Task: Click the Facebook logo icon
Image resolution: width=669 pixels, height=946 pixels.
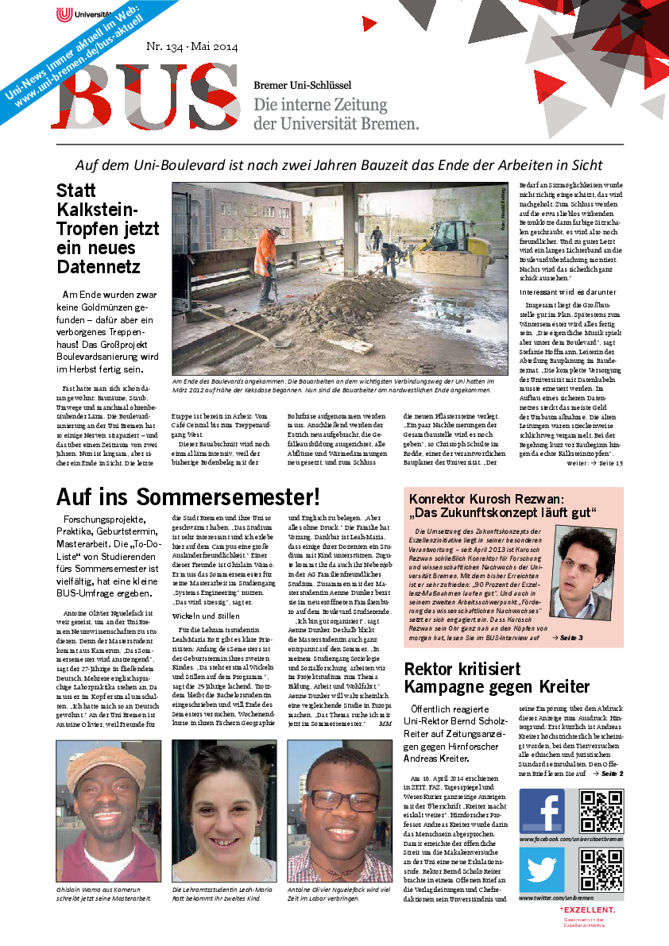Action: coord(542,811)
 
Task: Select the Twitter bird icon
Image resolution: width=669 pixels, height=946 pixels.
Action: coord(542,870)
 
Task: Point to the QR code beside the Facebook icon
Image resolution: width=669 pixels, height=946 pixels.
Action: coord(601,811)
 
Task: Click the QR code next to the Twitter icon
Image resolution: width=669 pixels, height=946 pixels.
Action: coord(601,870)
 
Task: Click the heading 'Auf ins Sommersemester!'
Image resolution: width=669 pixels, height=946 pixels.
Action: coord(188,496)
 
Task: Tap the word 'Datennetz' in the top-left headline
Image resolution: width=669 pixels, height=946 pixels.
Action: coord(99,266)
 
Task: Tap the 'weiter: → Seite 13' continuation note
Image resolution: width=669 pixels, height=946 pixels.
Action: coord(595,463)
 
